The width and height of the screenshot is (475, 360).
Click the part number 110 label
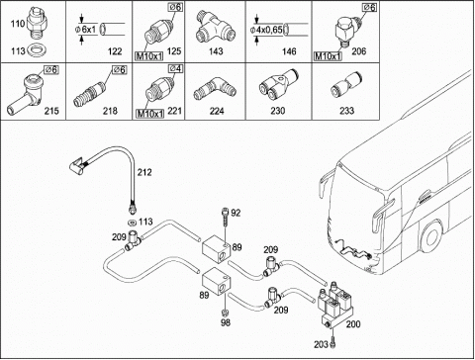[x=18, y=24]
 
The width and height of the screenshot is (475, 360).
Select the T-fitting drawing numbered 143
[x=216, y=28]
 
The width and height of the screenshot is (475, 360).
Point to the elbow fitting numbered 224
[x=215, y=88]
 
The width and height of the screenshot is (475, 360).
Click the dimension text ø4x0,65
[x=266, y=30]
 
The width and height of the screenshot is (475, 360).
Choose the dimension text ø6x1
[x=85, y=30]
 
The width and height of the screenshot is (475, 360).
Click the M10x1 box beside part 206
[x=328, y=56]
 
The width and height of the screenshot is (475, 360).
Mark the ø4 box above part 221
[x=176, y=68]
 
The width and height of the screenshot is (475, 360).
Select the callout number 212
[x=144, y=172]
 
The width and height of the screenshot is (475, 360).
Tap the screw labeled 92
[x=226, y=216]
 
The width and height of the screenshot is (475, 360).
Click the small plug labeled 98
[x=226, y=312]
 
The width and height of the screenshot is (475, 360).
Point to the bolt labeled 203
[x=332, y=343]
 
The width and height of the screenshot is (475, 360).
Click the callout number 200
[x=353, y=324]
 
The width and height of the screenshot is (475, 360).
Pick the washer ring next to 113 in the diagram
[x=133, y=222]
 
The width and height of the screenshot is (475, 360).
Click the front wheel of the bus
[x=431, y=236]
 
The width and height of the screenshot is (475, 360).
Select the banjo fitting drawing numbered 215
[x=25, y=94]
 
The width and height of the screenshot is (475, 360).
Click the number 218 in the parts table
[x=110, y=111]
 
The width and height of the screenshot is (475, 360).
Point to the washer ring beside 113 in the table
[x=37, y=50]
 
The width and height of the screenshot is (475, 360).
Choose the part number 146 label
[x=289, y=51]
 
